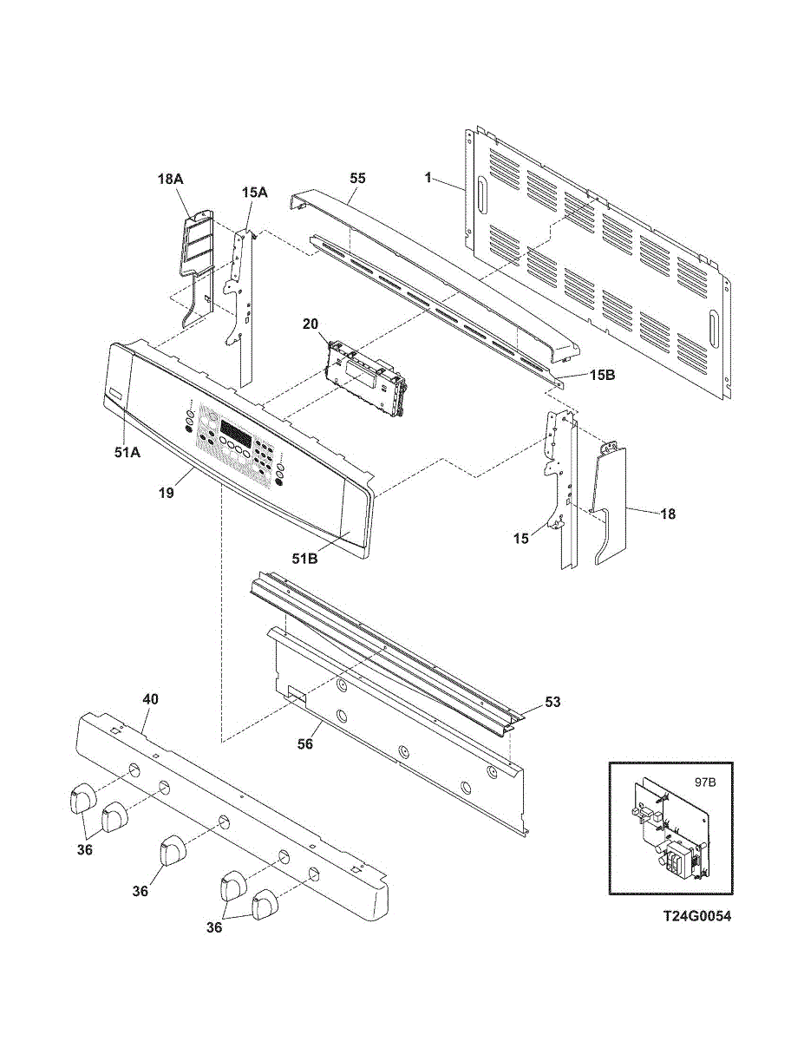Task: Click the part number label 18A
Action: click(170, 178)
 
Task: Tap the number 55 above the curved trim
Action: click(357, 178)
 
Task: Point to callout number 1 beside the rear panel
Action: click(428, 178)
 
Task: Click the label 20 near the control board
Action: click(310, 324)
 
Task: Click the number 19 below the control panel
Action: click(167, 493)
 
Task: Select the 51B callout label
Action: click(304, 559)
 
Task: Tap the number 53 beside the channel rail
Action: click(552, 702)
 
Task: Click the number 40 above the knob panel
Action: click(151, 699)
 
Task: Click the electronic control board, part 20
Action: click(366, 378)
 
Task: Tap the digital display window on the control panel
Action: click(237, 430)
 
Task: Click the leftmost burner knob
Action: click(82, 796)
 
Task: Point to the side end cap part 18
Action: click(611, 503)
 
